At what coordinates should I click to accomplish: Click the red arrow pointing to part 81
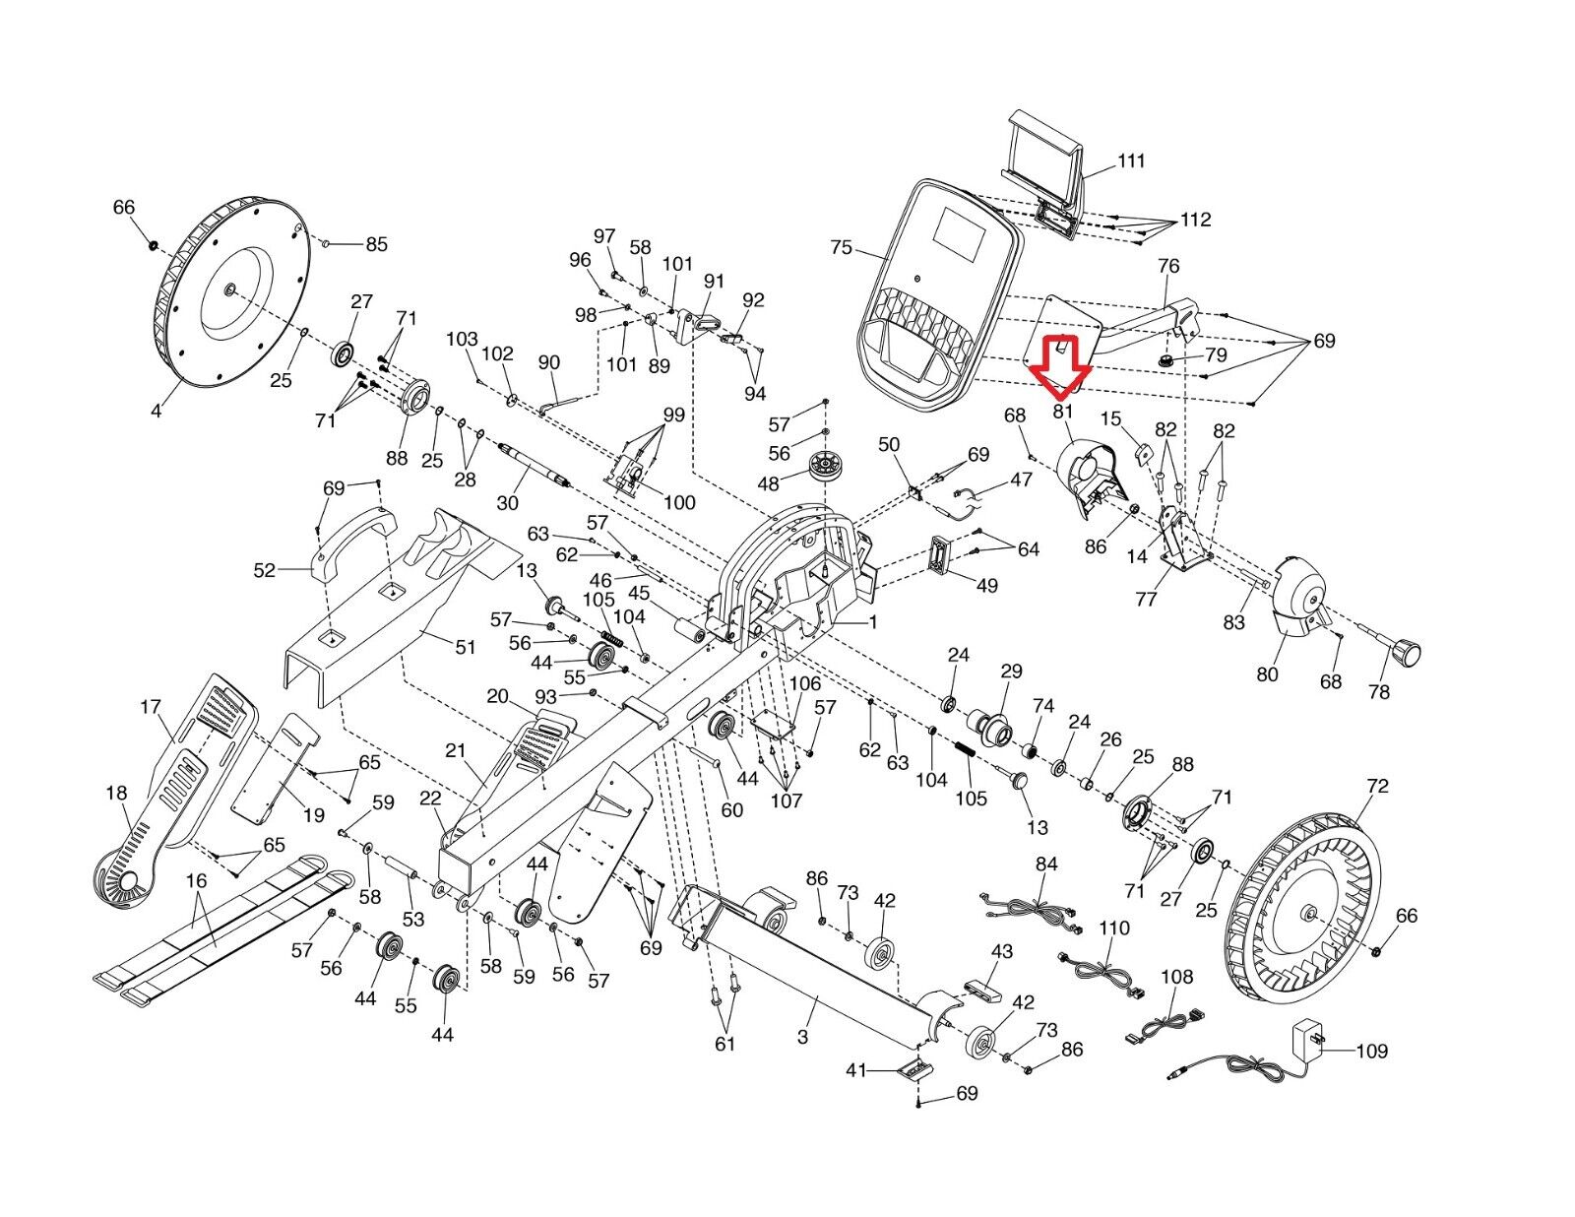coord(1060,363)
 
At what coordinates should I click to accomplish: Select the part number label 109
coord(1371,1052)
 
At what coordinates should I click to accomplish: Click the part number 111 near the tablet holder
coord(1131,160)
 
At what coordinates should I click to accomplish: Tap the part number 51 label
coord(465,647)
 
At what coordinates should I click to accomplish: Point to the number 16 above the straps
coord(197,880)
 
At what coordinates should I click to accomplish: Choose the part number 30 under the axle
coord(507,502)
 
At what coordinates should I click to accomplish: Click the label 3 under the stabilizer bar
coord(803,1037)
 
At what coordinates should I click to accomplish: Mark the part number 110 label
coord(1114,928)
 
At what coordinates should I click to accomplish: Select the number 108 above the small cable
coord(1176,977)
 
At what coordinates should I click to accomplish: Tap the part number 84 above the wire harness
coord(1046,865)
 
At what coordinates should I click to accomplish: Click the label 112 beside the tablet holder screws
coord(1195,220)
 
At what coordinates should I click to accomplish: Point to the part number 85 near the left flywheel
coord(377,244)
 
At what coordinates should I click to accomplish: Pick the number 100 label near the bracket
coord(679,502)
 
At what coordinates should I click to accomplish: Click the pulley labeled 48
coord(819,466)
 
